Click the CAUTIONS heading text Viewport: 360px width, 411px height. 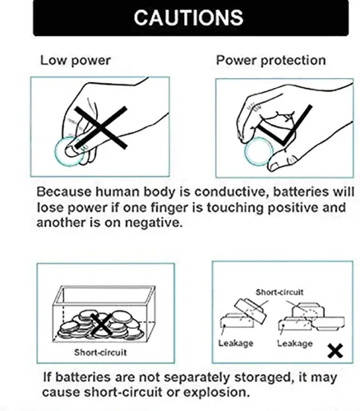tap(188, 17)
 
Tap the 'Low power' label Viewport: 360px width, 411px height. tap(76, 60)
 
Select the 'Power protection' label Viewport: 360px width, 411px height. tap(271, 60)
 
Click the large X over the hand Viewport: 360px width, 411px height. tap(100, 127)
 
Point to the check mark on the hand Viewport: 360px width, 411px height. tap(285, 125)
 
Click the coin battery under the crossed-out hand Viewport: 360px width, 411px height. tap(69, 152)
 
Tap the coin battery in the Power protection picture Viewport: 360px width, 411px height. tap(259, 152)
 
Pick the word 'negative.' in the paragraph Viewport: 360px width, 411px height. tap(154, 223)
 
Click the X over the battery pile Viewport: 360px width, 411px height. tap(101, 325)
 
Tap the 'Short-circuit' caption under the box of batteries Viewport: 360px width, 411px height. tap(100, 352)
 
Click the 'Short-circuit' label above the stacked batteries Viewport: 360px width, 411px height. tap(279, 292)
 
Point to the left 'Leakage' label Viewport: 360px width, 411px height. tap(236, 344)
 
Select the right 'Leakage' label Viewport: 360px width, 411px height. tap(295, 344)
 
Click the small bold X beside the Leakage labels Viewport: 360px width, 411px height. tap(335, 352)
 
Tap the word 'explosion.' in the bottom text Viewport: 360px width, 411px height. tap(216, 393)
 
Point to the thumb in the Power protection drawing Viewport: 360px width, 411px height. tap(285, 161)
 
